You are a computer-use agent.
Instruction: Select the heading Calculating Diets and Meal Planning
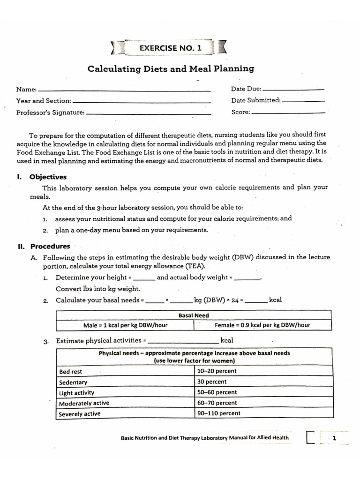[x=171, y=69]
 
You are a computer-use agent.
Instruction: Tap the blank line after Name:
[x=124, y=90]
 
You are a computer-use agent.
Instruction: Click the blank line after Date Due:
[x=293, y=89]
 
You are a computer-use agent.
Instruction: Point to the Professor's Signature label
[x=50, y=112]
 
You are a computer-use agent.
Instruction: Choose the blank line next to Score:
[x=288, y=112]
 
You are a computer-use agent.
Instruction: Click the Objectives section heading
[x=48, y=177]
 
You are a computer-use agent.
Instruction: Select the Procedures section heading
[x=50, y=246]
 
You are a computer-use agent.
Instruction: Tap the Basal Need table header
[x=194, y=315]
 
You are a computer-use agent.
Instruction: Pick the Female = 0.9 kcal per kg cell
[x=262, y=325]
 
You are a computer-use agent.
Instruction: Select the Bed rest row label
[x=71, y=372]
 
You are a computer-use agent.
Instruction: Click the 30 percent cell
[x=212, y=382]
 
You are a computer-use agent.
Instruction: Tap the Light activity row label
[x=76, y=393]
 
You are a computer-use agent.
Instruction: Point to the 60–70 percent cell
[x=217, y=403]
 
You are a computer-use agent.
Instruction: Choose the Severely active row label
[x=79, y=414]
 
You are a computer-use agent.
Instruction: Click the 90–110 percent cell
[x=219, y=413]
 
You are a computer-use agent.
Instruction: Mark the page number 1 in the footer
[x=334, y=438]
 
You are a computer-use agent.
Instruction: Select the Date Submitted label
[x=255, y=100]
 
